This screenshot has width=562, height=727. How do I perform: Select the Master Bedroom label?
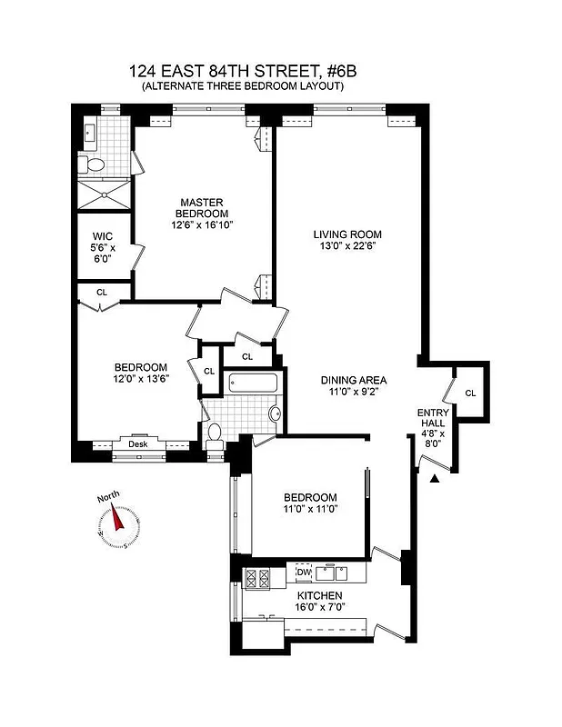[201, 213]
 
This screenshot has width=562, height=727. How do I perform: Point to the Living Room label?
[341, 238]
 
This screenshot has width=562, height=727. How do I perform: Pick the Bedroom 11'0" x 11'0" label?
[310, 503]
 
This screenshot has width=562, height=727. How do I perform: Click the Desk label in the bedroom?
[138, 443]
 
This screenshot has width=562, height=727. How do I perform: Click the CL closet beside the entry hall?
[470, 393]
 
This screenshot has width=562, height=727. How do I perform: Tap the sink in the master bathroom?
[89, 133]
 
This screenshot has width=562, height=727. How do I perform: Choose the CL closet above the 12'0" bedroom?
[102, 293]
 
